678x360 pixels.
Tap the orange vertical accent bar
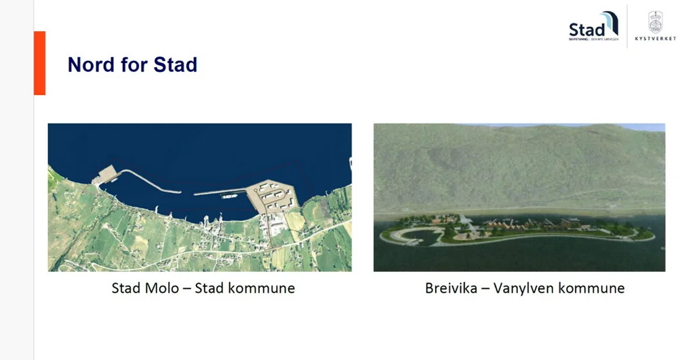coord(39,62)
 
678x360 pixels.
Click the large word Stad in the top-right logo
coord(585,30)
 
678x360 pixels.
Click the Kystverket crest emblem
coord(655,23)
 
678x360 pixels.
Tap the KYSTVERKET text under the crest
coord(655,39)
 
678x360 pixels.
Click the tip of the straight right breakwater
coord(196,194)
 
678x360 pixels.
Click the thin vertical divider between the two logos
coord(627,27)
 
